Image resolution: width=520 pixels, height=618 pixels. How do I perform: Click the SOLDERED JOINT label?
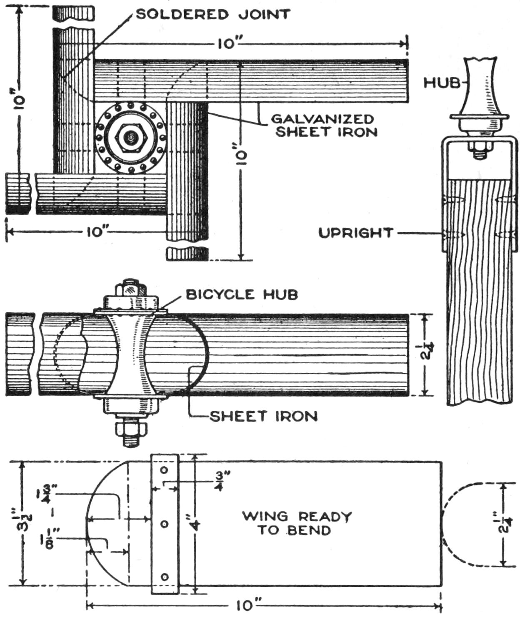213,14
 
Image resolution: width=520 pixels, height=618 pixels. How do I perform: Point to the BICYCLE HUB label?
242,294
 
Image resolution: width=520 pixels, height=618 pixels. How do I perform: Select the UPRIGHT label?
356,233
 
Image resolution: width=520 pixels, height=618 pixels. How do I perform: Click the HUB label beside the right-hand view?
441,83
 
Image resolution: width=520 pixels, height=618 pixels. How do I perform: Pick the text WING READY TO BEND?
297,523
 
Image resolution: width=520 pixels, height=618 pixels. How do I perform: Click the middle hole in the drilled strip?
164,524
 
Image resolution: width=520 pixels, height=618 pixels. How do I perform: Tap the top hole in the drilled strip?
164,470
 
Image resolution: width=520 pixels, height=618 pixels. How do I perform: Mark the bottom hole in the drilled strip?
164,577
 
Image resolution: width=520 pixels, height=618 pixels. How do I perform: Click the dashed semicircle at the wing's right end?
458,525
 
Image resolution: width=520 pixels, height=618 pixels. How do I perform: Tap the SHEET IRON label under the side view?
263,416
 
